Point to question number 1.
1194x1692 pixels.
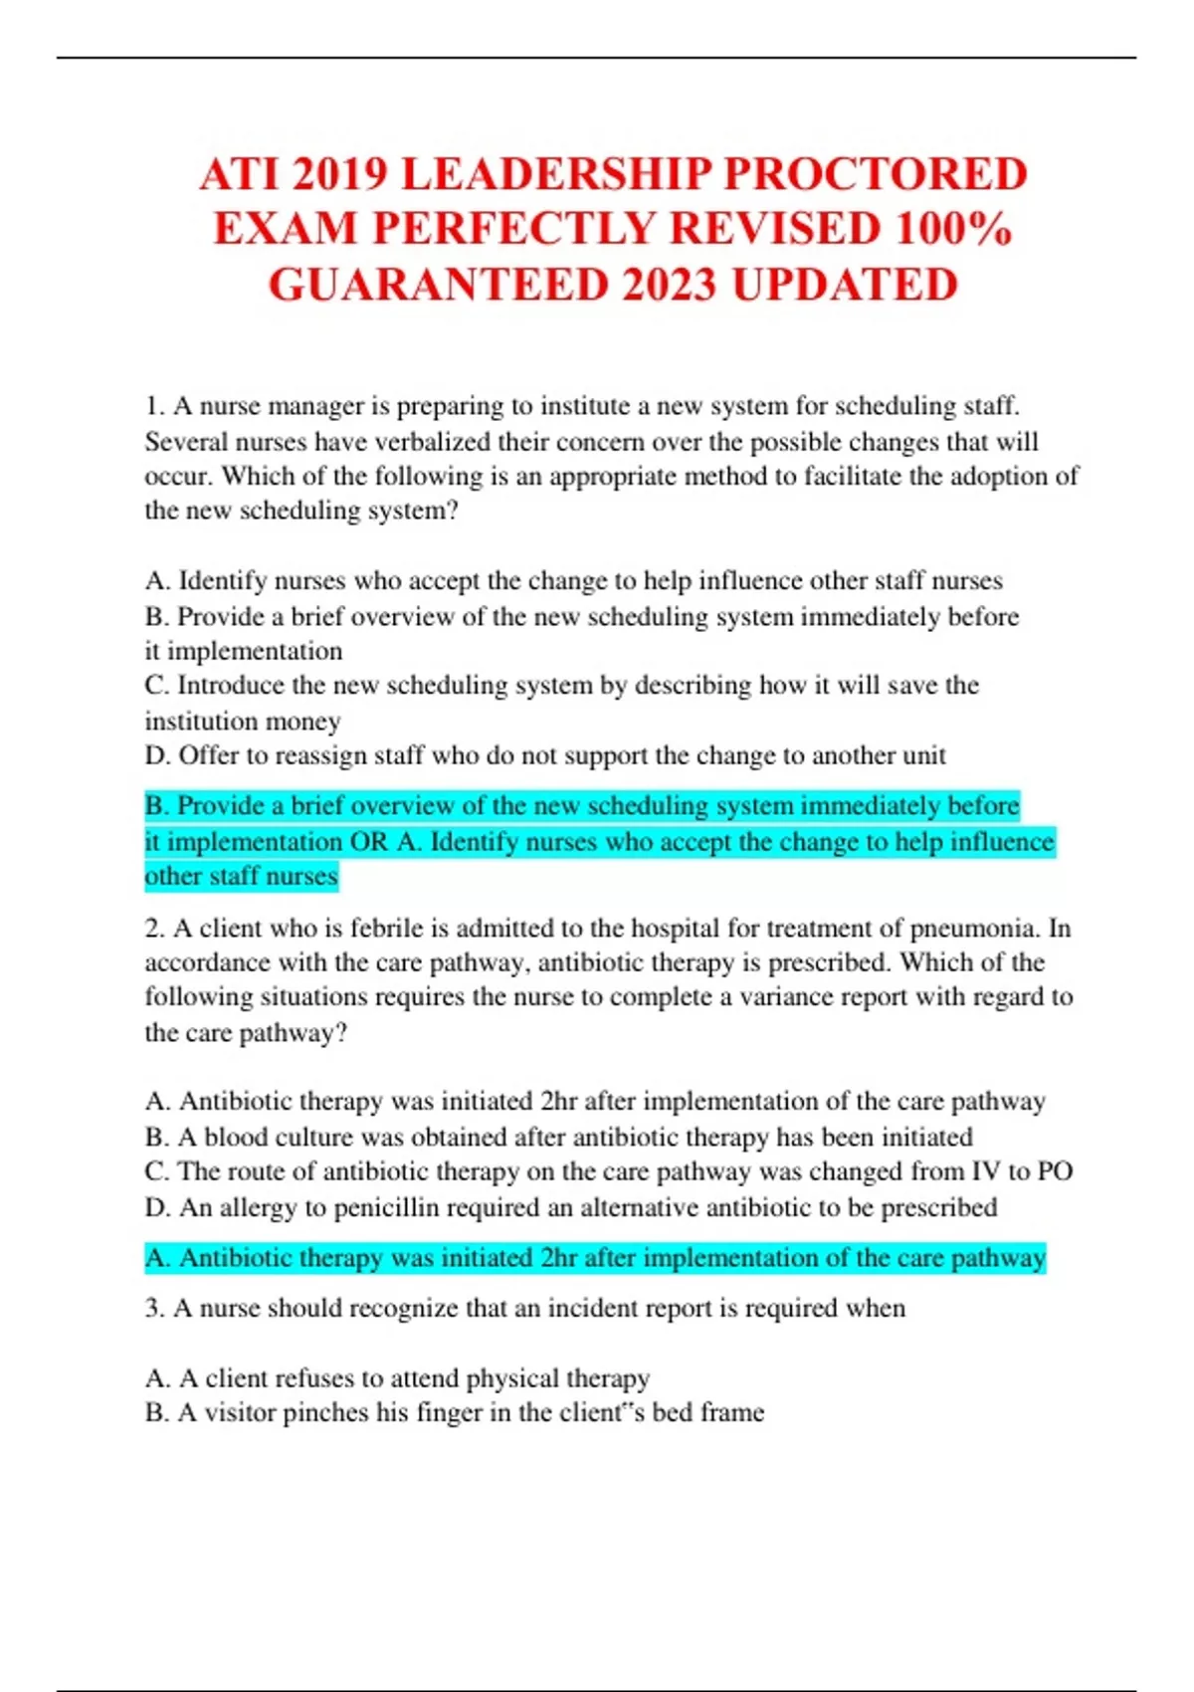pos(153,406)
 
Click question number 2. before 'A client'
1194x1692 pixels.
pos(154,929)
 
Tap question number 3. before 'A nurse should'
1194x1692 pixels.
pos(154,1308)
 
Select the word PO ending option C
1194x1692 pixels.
pos(1055,1171)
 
